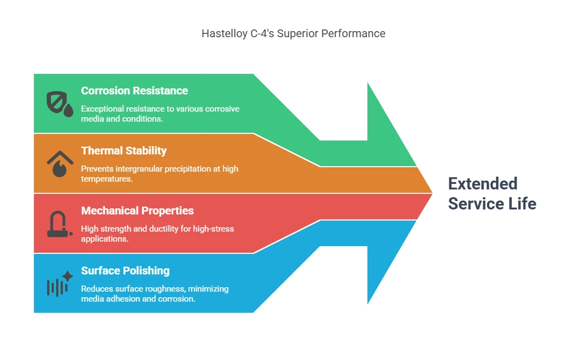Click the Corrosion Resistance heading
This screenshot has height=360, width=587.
135,91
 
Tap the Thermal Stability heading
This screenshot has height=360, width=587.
124,151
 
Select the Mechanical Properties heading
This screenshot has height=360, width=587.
137,211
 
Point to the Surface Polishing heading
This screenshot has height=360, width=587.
126,271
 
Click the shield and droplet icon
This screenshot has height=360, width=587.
59,104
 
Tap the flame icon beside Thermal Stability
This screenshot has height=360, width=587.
60,163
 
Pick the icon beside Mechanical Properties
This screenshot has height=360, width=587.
59,224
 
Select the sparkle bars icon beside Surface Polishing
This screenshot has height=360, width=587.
59,284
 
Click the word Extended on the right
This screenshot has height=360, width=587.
483,184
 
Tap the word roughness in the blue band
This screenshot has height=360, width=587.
165,289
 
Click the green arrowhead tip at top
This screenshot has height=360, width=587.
368,83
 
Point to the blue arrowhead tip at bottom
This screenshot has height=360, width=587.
368,303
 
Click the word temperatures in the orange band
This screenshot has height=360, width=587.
107,179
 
